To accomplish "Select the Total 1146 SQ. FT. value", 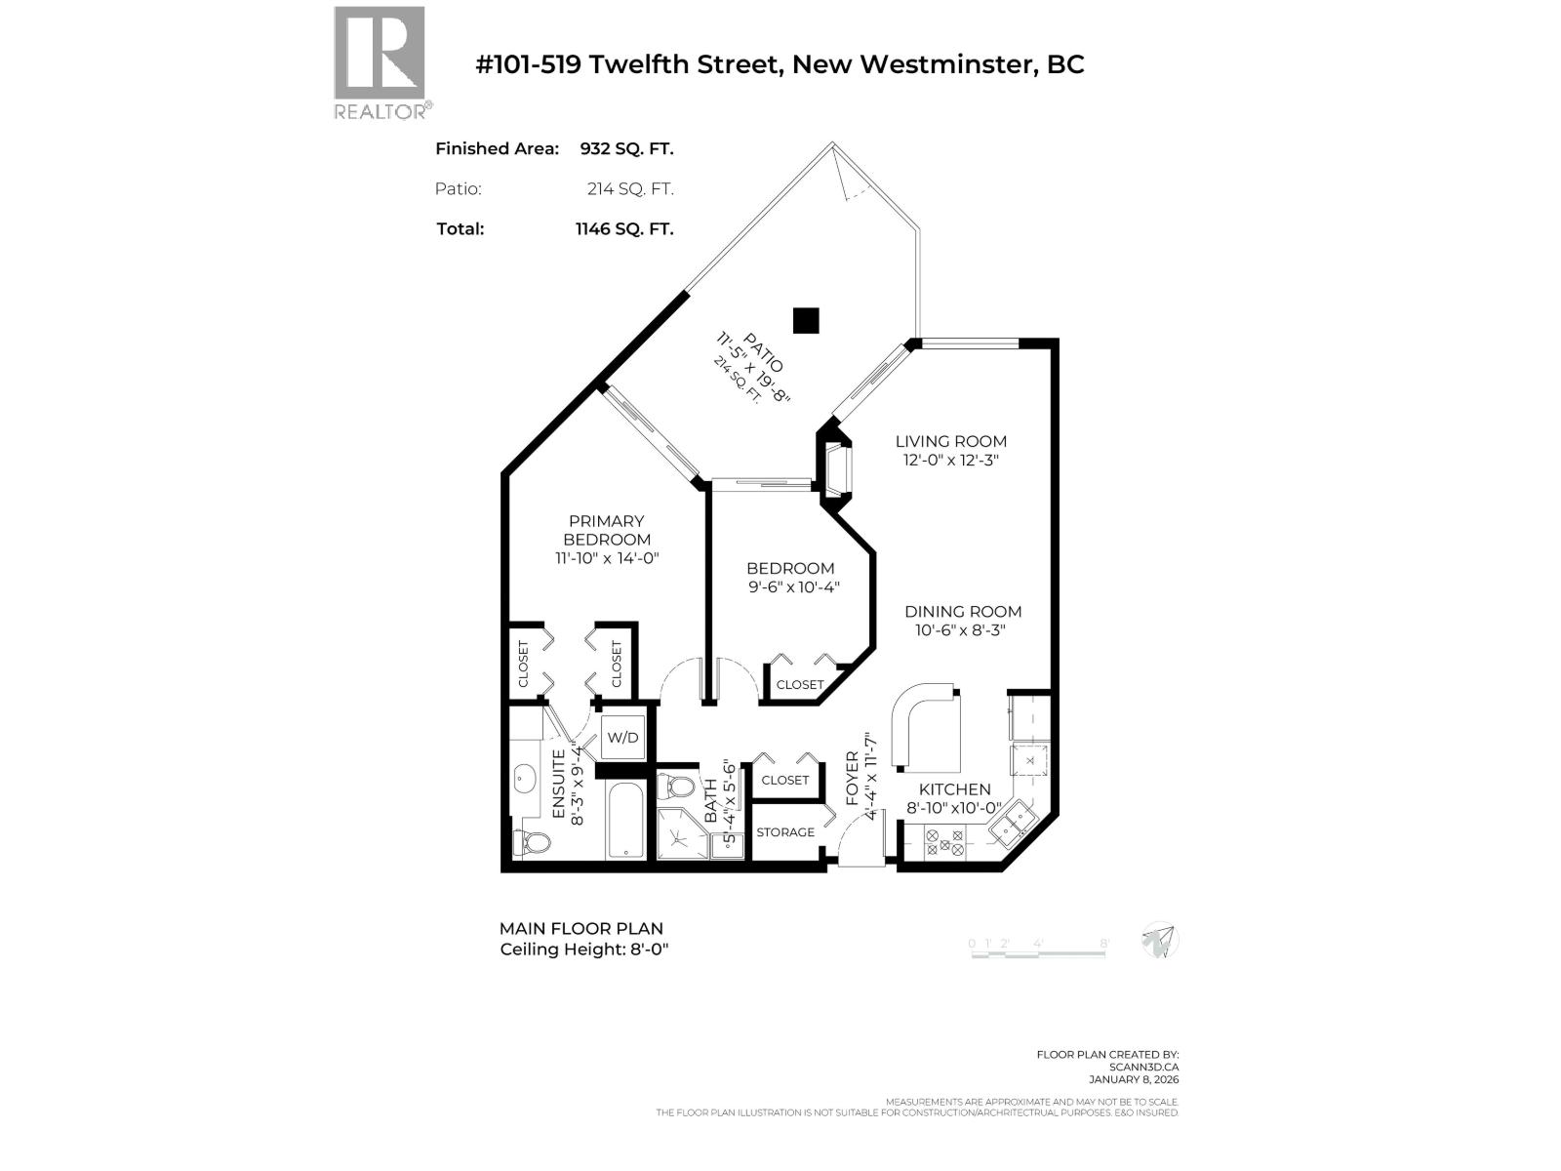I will coord(624,229).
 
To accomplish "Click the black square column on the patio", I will coord(805,320).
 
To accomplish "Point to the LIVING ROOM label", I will coord(950,441).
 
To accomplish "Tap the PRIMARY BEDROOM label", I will coord(606,530).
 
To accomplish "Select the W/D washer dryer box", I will coord(622,738).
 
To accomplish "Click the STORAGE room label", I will coord(784,832).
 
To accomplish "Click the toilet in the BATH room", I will coord(676,787).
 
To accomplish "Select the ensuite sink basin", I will coord(524,779).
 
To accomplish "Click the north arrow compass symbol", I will coord(1160,941).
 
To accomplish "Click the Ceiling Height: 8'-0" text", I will coord(584,949).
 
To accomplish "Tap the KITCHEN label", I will coord(954,789).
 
